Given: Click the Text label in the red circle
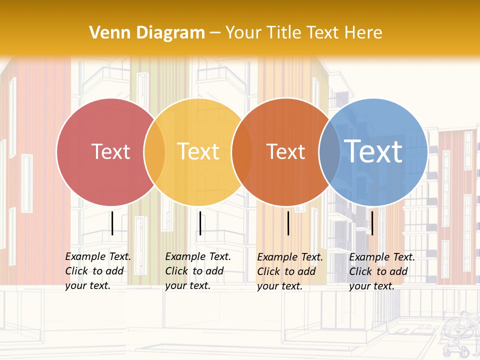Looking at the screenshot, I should [x=110, y=151].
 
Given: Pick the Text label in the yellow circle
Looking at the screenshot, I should [x=198, y=151].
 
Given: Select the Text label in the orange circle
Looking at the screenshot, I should [x=285, y=151].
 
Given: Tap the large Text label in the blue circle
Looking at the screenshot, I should [x=373, y=151].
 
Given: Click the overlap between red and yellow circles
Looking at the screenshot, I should [x=154, y=152].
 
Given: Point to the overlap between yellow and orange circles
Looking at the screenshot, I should [x=242, y=152].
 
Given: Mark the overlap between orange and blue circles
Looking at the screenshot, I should [x=329, y=152].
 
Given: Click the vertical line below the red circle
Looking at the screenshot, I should [x=112, y=223].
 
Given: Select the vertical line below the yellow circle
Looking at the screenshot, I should [x=200, y=223].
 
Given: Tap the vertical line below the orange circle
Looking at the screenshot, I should [x=288, y=223].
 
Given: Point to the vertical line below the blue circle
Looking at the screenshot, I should [x=372, y=223].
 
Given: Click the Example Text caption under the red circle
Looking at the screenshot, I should [x=97, y=271].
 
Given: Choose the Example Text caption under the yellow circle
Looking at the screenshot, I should [x=197, y=271].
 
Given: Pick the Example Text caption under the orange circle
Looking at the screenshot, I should [x=289, y=271].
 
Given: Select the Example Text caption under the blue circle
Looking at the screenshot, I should [x=381, y=271].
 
